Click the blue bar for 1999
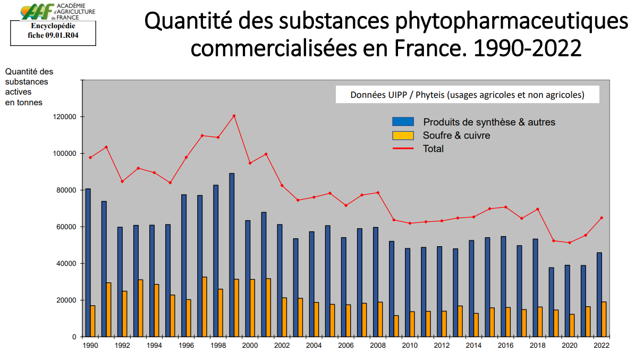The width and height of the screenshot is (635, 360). [232, 255]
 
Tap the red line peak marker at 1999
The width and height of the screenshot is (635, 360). [234, 116]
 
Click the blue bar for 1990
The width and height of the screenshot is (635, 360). [88, 263]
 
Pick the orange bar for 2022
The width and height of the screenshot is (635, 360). [604, 319]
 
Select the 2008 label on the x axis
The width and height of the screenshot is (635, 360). [378, 345]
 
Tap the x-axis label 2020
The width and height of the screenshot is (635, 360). [570, 345]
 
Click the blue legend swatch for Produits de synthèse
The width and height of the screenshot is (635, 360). [403, 122]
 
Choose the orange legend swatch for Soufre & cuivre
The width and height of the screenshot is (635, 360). [403, 135]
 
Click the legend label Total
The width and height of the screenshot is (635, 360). [433, 149]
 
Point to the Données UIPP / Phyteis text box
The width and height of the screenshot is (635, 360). [467, 95]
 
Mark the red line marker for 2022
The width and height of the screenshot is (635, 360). [602, 217]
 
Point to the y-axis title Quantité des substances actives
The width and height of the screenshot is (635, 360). [29, 87]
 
